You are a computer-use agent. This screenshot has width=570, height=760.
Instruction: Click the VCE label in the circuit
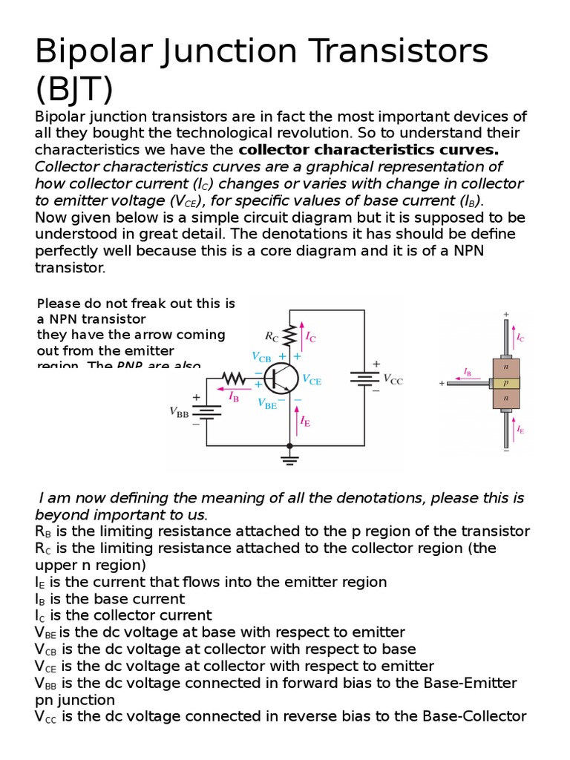tap(312, 379)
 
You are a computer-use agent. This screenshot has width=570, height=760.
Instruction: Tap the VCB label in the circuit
tap(261, 356)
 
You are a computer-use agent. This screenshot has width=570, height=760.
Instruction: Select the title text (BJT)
tap(74, 89)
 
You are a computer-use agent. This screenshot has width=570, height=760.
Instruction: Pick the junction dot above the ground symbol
tap(289, 445)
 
